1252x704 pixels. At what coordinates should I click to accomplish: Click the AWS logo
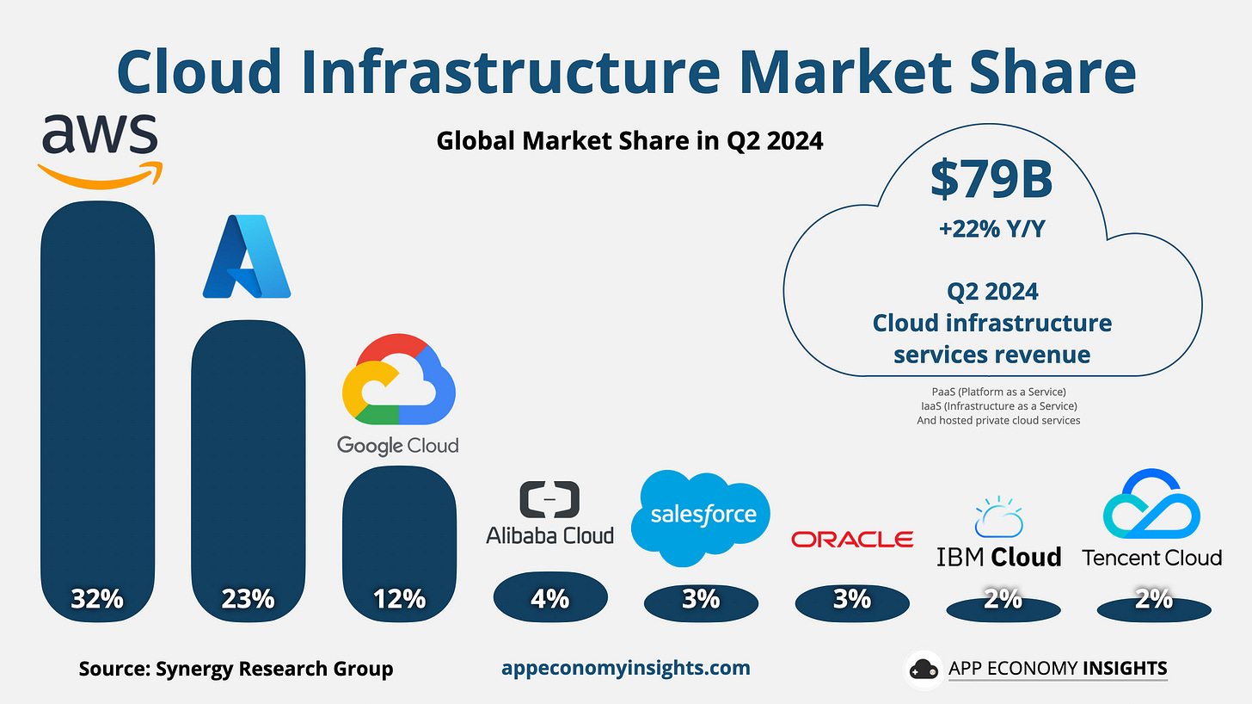(99, 149)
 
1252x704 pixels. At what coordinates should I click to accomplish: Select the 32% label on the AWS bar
(97, 597)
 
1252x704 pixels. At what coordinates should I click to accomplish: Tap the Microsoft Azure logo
(247, 256)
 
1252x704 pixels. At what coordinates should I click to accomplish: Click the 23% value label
(248, 597)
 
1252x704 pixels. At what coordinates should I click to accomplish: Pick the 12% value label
(399, 597)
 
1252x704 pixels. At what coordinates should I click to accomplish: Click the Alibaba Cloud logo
(549, 513)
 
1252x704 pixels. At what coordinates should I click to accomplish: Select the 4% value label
(549, 597)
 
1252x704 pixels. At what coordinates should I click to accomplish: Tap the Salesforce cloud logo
(703, 516)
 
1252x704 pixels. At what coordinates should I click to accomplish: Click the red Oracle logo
(852, 539)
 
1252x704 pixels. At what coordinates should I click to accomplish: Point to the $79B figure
(991, 178)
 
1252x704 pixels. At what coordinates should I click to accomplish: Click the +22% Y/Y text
(991, 229)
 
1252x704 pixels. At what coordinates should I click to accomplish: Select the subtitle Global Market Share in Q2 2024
(629, 140)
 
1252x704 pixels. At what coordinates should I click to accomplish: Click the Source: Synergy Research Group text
(236, 669)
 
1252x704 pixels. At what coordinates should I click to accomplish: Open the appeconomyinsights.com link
(625, 668)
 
